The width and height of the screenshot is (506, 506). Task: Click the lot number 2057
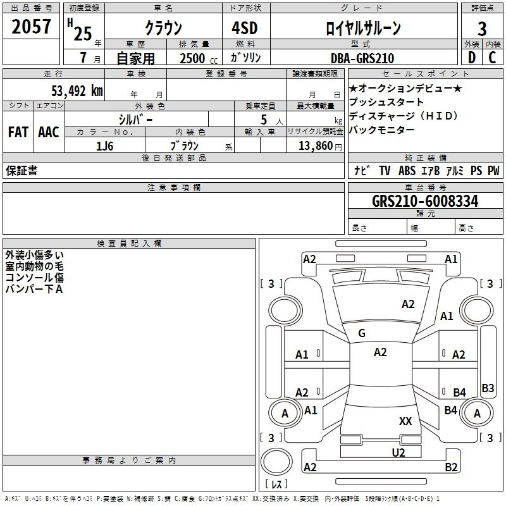[x=31, y=27]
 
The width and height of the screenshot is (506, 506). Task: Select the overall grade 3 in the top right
[x=482, y=28]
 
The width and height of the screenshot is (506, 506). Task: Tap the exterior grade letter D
[x=472, y=58]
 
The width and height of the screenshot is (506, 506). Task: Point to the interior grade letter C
[x=492, y=58]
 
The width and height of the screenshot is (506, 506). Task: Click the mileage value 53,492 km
[x=77, y=91]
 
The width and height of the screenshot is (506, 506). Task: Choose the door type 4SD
[x=245, y=28]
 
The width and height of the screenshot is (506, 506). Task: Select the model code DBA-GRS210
[x=362, y=58]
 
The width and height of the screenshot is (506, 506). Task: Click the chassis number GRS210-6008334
[x=425, y=201]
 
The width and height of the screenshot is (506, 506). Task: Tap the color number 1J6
[x=105, y=146]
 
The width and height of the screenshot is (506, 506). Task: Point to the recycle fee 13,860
[x=316, y=146]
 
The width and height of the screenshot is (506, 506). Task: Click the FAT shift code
[x=18, y=132]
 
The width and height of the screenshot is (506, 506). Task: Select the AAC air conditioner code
[x=49, y=132]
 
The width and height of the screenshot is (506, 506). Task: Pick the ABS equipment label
[x=407, y=171]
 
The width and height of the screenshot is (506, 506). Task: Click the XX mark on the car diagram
[x=405, y=421]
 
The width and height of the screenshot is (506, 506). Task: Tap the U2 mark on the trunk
[x=398, y=453]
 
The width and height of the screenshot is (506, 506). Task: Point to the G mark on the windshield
[x=362, y=333]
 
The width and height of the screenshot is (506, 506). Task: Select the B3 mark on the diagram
[x=488, y=388]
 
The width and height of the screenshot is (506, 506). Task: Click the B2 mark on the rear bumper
[x=451, y=467]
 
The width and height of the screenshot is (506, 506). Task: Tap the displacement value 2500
[x=192, y=58]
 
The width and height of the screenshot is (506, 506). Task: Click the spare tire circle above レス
[x=276, y=462]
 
